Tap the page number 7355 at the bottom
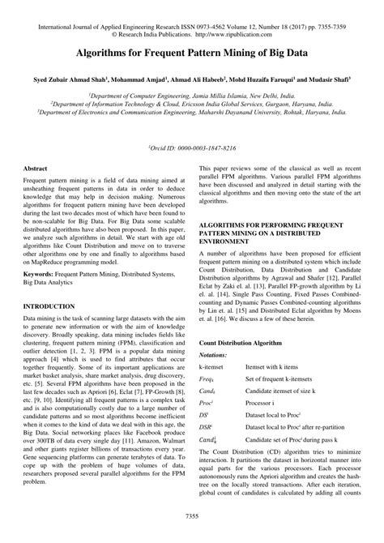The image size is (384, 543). [x=191, y=515]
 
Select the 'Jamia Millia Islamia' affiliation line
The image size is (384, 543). [x=191, y=95]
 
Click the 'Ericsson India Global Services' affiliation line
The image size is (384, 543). [x=191, y=104]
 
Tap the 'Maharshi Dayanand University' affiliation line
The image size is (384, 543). [x=191, y=113]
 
